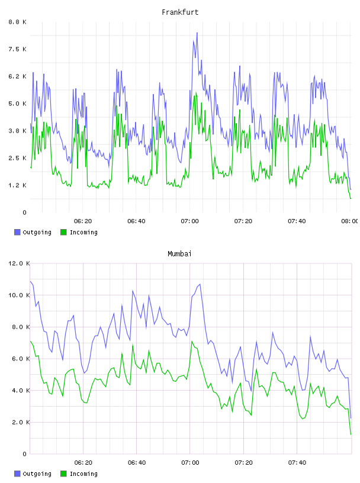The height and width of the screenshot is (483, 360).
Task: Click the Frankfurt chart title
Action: coord(180,12)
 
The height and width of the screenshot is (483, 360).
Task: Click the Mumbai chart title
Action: coord(179,254)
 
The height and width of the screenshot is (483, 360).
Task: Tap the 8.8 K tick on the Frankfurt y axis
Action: coord(17,22)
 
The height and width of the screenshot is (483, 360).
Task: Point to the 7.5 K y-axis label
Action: coord(17,49)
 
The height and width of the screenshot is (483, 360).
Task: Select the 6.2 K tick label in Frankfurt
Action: coord(17,76)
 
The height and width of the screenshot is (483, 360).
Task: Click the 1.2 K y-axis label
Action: coord(17,185)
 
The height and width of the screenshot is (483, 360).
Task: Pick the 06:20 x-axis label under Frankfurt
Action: coord(83,221)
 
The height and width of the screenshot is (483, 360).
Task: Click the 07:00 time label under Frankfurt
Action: coord(190,221)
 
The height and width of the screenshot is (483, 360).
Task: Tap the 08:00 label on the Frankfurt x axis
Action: coord(351,221)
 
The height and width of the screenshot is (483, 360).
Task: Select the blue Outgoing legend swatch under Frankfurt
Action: coord(17,232)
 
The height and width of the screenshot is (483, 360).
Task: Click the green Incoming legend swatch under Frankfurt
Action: coord(63,232)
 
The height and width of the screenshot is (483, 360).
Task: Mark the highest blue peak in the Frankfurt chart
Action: coord(197,33)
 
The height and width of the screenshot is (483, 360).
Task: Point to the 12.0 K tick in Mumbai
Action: coord(19,263)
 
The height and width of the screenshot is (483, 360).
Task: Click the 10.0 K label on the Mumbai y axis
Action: coord(19,295)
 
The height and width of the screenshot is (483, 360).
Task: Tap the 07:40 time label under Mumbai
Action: coord(297,463)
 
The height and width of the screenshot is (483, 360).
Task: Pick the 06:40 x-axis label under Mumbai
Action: coord(137,463)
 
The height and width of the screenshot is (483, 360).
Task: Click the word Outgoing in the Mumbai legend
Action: coord(37,474)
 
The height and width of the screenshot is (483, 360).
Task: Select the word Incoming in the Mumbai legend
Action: coord(83,474)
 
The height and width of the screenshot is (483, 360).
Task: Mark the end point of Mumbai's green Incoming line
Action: coord(351,434)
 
